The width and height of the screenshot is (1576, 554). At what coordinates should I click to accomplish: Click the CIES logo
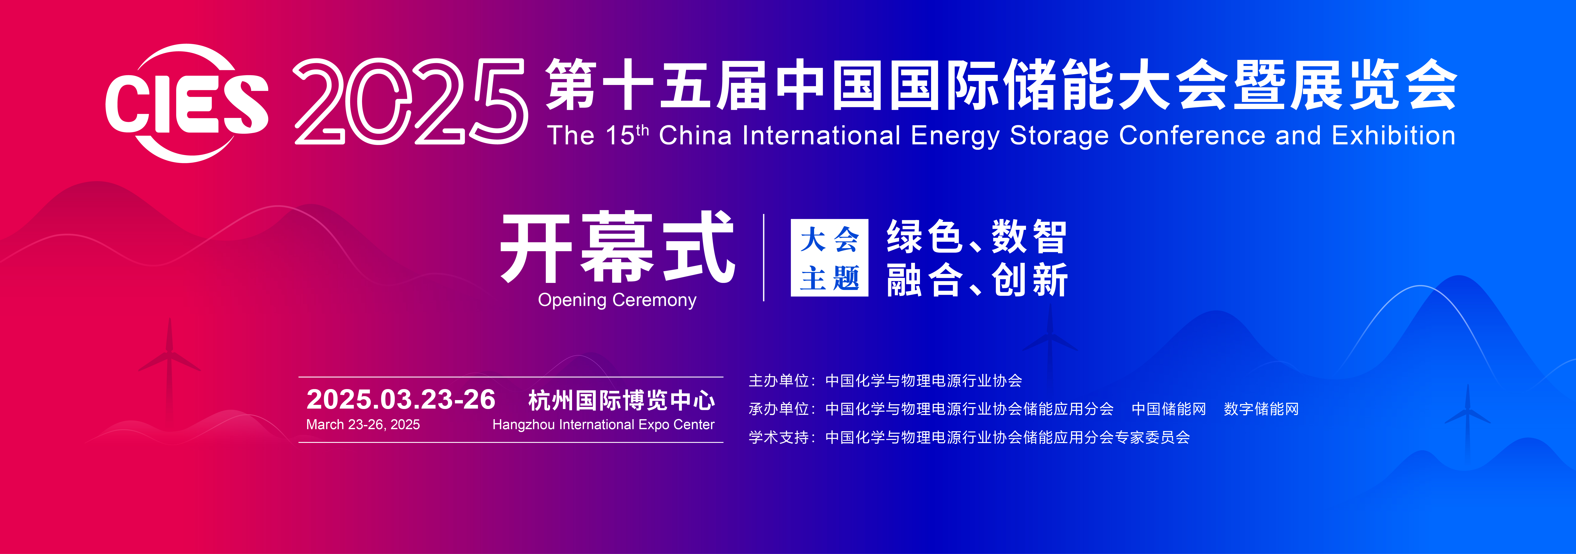(187, 103)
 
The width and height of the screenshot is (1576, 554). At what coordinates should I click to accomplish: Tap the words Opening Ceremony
(617, 300)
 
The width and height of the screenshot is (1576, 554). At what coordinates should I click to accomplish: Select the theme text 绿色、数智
(977, 237)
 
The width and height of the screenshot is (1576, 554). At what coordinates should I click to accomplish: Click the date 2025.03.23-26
(401, 399)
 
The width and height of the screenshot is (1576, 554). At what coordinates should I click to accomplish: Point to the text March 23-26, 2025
(363, 424)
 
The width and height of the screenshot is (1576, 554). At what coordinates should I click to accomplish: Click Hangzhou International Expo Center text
(603, 424)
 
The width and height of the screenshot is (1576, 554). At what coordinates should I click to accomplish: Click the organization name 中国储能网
(1169, 409)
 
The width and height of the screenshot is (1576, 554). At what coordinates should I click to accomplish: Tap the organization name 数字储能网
(1261, 409)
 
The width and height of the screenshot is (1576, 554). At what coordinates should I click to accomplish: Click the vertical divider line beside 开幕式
(764, 257)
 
